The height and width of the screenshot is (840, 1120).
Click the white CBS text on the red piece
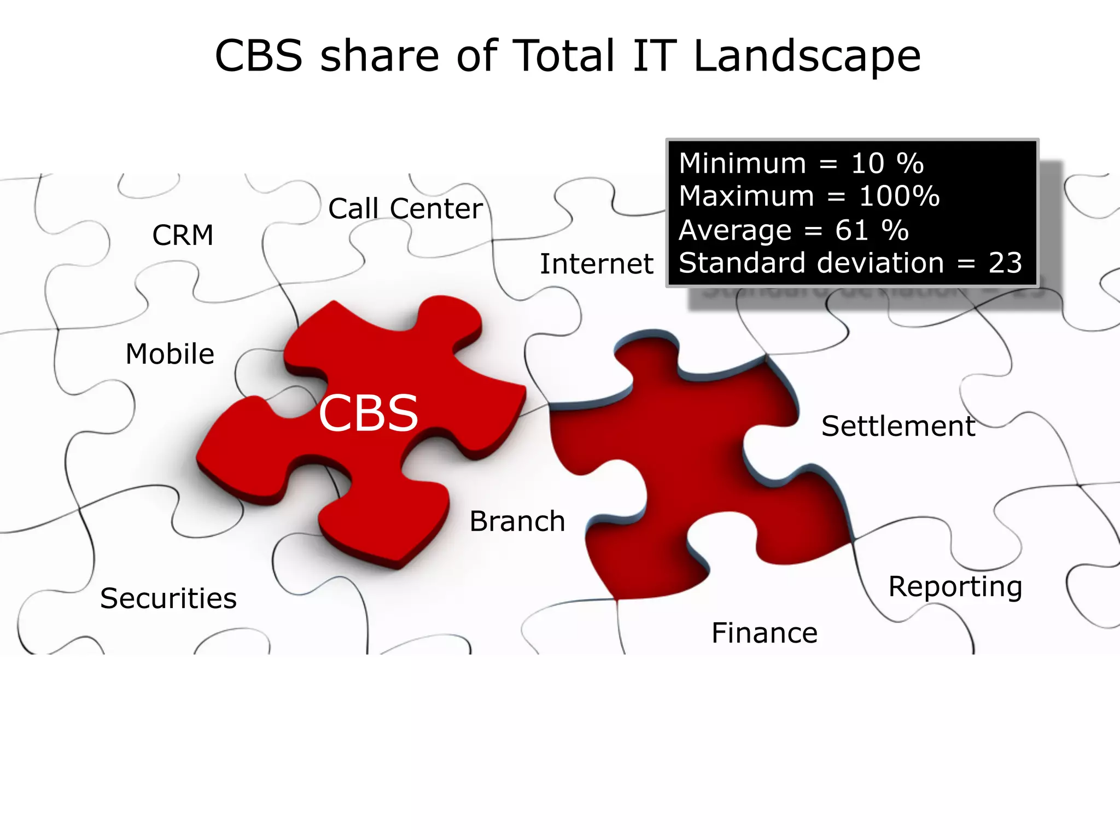(368, 413)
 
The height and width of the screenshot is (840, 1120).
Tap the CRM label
(183, 236)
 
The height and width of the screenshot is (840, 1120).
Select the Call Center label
(405, 209)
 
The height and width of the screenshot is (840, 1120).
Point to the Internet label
(596, 264)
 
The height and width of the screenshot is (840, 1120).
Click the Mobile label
(170, 354)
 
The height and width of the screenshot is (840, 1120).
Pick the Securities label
(168, 598)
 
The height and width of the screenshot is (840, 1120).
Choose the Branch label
(517, 521)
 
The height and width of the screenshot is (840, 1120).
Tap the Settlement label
(898, 426)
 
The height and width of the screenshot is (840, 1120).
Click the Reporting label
(955, 587)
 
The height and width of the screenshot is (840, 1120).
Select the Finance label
(764, 633)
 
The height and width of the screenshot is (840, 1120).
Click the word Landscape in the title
(807, 56)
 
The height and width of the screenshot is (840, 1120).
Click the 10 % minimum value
(886, 164)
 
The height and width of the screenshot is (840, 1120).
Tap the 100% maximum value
(899, 196)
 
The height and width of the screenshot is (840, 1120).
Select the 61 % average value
(871, 230)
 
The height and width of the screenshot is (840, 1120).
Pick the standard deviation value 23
(1005, 263)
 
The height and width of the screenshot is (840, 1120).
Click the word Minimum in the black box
(742, 164)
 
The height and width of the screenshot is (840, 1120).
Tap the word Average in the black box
(734, 230)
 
